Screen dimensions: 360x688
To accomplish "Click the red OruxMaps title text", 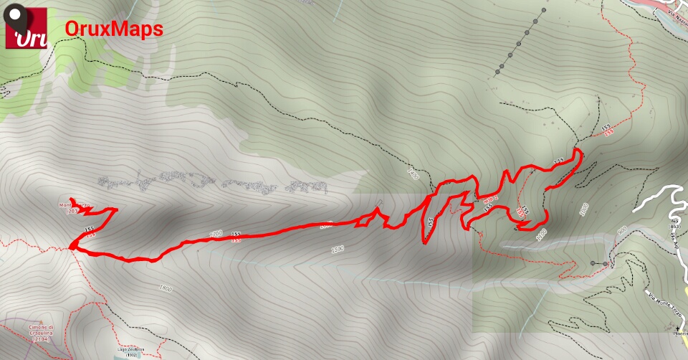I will [114, 29].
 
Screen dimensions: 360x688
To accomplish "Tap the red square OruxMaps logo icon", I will [27, 28].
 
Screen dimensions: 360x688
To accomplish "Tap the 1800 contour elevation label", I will [166, 289].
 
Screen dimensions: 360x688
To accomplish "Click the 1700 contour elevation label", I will [216, 232].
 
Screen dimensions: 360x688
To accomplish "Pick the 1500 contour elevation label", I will [338, 250].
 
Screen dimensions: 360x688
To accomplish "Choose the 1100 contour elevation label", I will [541, 233].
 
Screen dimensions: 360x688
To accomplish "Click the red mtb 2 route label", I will [490, 198].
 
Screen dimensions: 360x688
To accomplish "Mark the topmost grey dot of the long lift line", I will [543, 11].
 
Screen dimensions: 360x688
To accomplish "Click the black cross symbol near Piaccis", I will [678, 328].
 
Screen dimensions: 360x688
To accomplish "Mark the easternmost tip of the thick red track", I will [580, 153].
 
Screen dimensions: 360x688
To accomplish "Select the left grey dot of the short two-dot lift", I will [593, 264].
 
